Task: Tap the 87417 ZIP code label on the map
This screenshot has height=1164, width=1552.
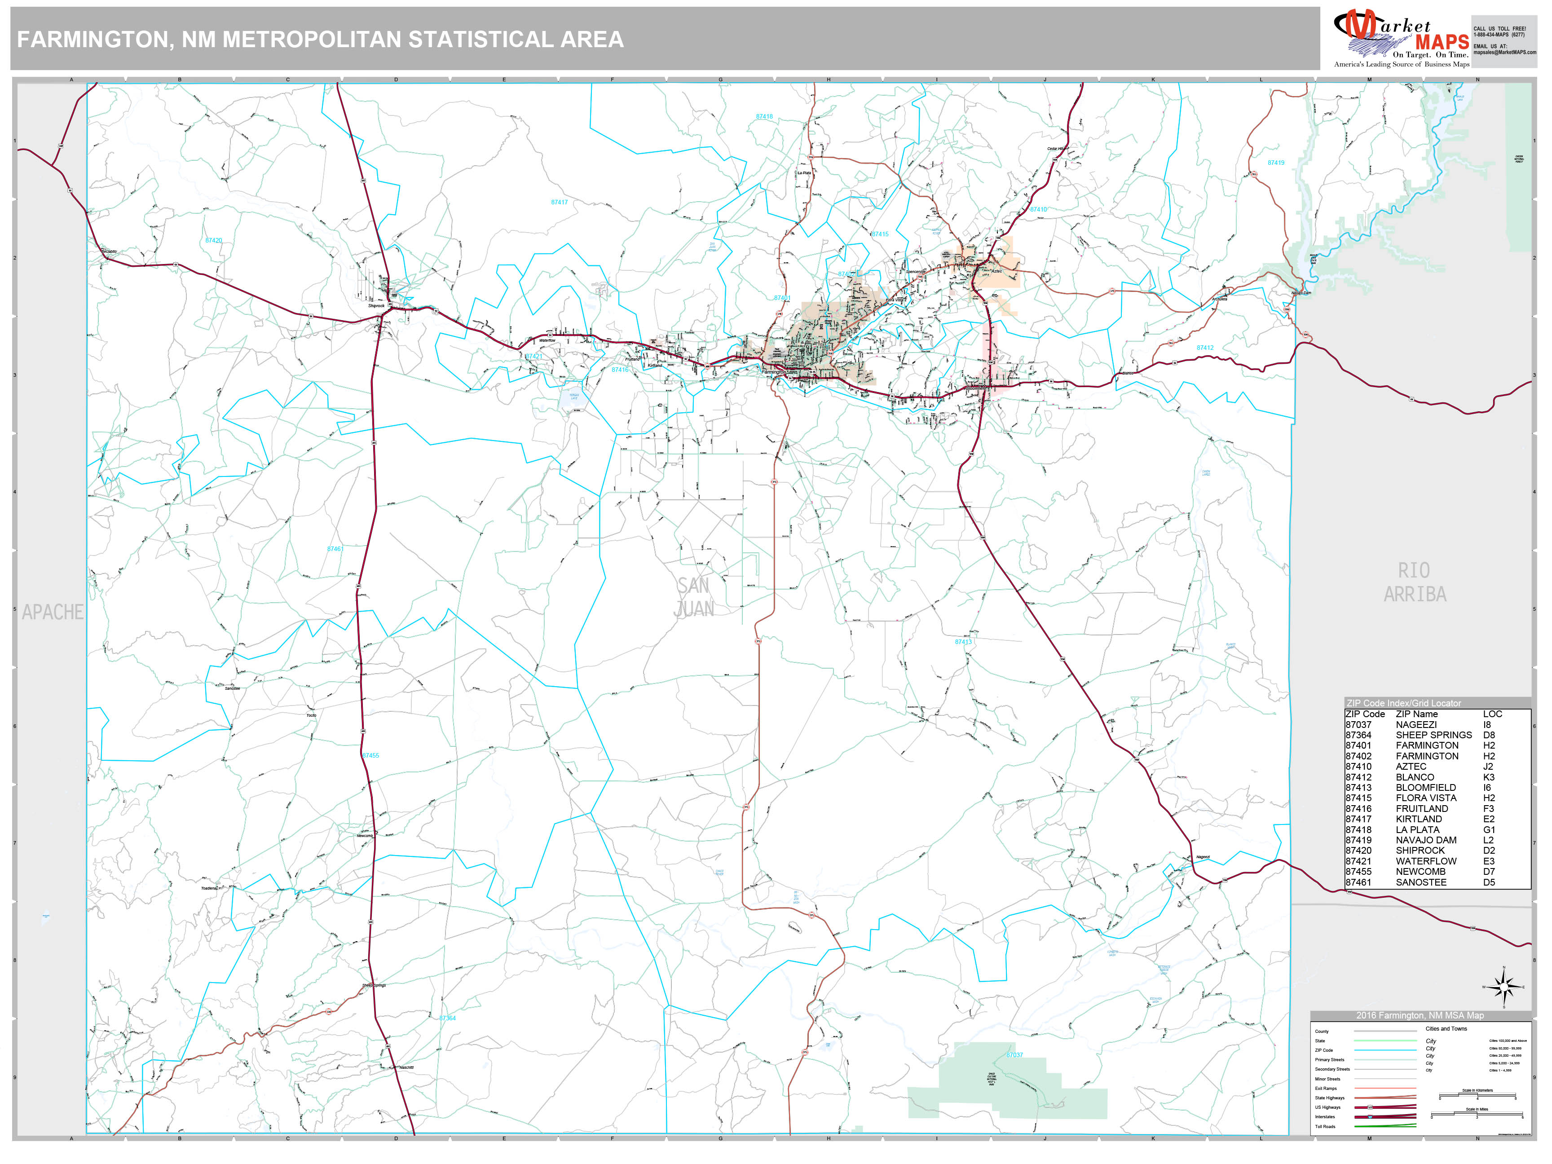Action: [559, 202]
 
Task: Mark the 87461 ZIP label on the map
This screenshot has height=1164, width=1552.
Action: [335, 549]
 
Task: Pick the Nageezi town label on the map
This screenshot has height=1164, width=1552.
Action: [1203, 857]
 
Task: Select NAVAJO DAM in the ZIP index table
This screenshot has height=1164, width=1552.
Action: [1426, 840]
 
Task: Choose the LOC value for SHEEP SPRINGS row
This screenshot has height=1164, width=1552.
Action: [1489, 735]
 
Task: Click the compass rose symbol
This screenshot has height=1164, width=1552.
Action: [1503, 987]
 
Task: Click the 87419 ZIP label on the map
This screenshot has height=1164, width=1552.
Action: [1275, 163]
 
